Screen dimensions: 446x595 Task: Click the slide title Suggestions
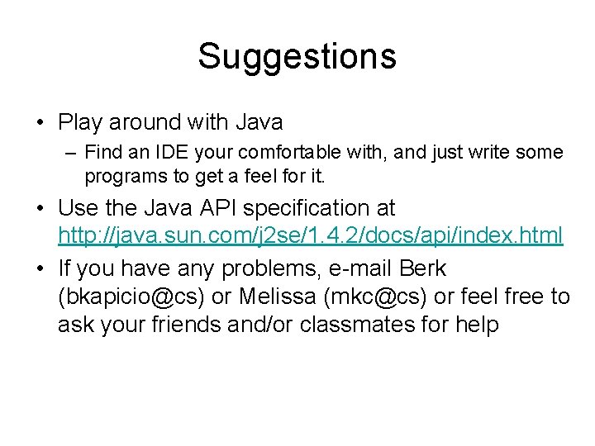(297, 57)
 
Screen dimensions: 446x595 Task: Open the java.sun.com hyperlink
(310, 236)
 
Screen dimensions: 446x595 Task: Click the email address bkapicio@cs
(135, 297)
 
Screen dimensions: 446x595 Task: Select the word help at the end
(477, 325)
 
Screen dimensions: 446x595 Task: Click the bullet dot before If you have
(40, 269)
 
